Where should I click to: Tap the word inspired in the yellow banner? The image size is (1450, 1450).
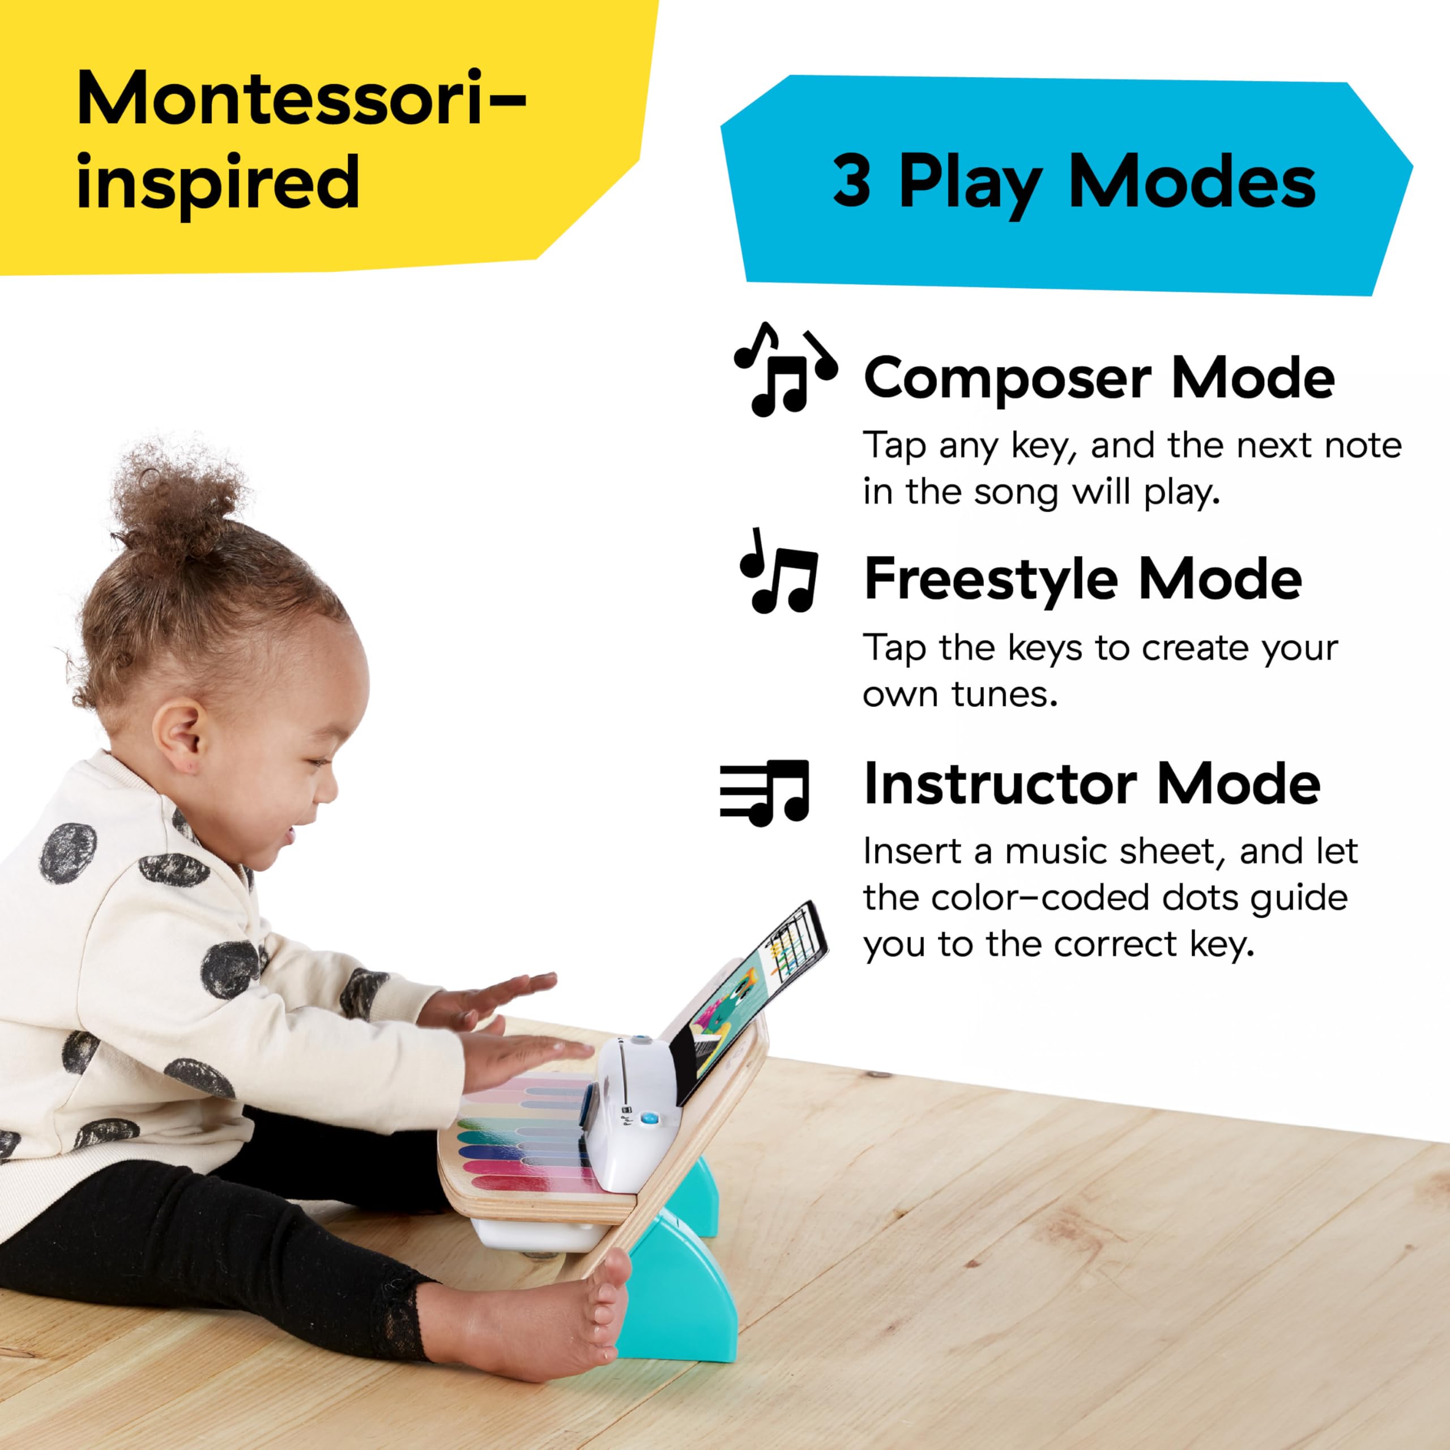tap(217, 182)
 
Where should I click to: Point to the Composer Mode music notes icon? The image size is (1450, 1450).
tap(784, 369)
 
